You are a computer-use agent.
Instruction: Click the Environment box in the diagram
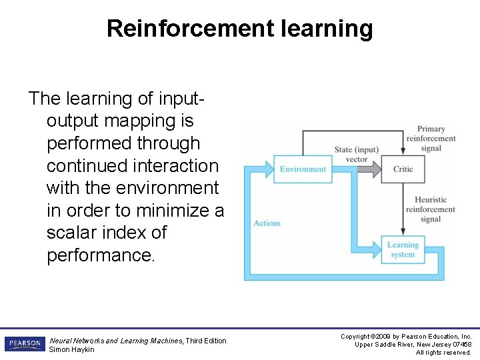(303, 169)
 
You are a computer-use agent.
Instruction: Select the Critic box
(403, 169)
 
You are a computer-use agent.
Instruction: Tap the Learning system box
(403, 249)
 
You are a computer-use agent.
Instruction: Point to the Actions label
(267, 223)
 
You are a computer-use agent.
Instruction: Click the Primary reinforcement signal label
(431, 139)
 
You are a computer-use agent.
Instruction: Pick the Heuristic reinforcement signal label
(431, 209)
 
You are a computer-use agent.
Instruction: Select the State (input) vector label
(357, 154)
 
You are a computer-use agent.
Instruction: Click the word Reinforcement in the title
(190, 29)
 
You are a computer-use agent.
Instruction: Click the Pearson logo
(25, 344)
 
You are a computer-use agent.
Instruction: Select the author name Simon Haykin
(72, 349)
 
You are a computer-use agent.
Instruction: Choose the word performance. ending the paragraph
(101, 255)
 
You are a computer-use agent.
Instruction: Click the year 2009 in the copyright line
(391, 337)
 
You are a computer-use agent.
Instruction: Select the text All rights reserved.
(443, 352)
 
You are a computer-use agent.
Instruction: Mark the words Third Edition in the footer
(206, 341)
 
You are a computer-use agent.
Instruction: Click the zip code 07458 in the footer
(461, 344)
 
